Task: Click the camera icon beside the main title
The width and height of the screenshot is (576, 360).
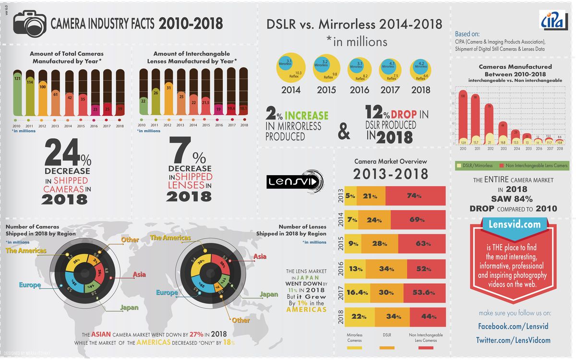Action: coord(28,24)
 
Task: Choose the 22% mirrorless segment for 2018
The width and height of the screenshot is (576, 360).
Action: coord(359,316)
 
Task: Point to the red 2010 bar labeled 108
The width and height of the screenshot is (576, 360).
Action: coord(463,115)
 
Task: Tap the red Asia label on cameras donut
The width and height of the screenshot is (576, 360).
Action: coord(139,275)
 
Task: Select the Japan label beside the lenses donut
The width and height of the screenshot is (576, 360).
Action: coord(268,294)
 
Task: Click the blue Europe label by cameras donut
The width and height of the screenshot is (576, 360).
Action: coord(30,285)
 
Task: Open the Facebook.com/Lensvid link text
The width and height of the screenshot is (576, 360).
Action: coord(513,326)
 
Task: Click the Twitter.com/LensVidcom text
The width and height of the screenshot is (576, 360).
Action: coord(513,340)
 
